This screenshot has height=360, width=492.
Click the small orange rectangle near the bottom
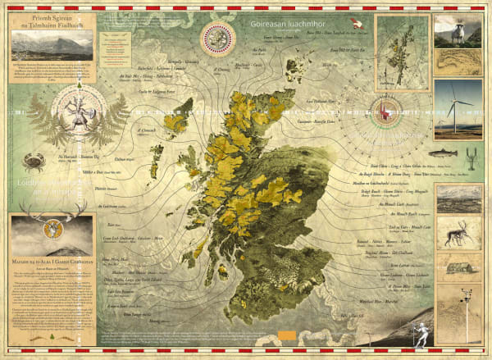click(x=286, y=334)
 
